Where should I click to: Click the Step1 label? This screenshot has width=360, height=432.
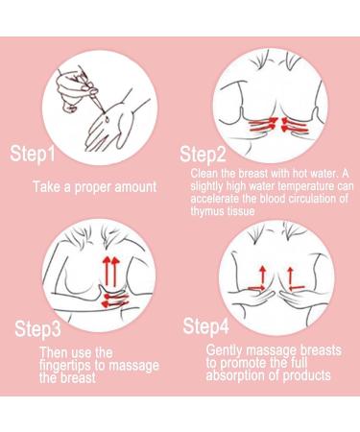tap(33, 154)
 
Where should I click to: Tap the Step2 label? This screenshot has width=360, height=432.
tap(203, 155)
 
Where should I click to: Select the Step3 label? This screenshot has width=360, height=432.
tap(37, 328)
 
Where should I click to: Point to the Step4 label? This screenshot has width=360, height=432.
tap(206, 326)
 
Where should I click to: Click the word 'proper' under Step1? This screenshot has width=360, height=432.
tap(93, 187)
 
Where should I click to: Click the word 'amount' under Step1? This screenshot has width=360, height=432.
tap(135, 187)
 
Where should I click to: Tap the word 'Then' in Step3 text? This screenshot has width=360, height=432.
tap(54, 352)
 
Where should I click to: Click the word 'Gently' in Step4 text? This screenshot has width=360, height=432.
tap(225, 351)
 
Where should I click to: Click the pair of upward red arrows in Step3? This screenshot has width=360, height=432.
tap(110, 271)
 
